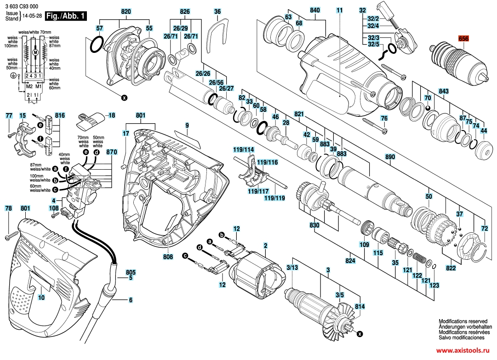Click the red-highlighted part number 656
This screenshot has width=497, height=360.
(463, 40)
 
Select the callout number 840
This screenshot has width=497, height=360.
(315, 10)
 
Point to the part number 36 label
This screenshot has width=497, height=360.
(217, 11)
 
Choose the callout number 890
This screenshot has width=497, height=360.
(390, 157)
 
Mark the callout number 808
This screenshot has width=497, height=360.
(168, 257)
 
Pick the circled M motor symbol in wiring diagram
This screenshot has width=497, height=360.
(35, 53)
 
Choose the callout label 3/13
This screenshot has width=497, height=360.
(292, 268)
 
